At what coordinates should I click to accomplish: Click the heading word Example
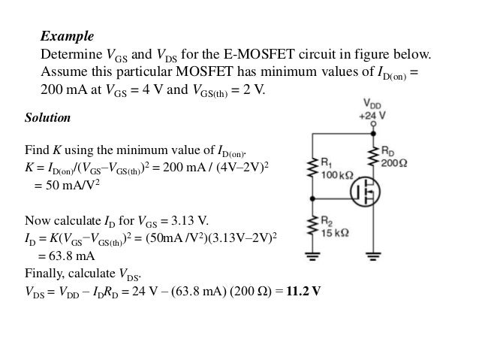click(x=67, y=36)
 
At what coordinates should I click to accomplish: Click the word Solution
click(x=48, y=119)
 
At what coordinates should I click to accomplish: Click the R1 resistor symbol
click(x=310, y=169)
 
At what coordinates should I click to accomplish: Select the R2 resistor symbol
click(x=310, y=228)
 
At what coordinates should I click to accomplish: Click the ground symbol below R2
click(x=310, y=256)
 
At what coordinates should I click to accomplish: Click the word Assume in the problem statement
click(x=62, y=73)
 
